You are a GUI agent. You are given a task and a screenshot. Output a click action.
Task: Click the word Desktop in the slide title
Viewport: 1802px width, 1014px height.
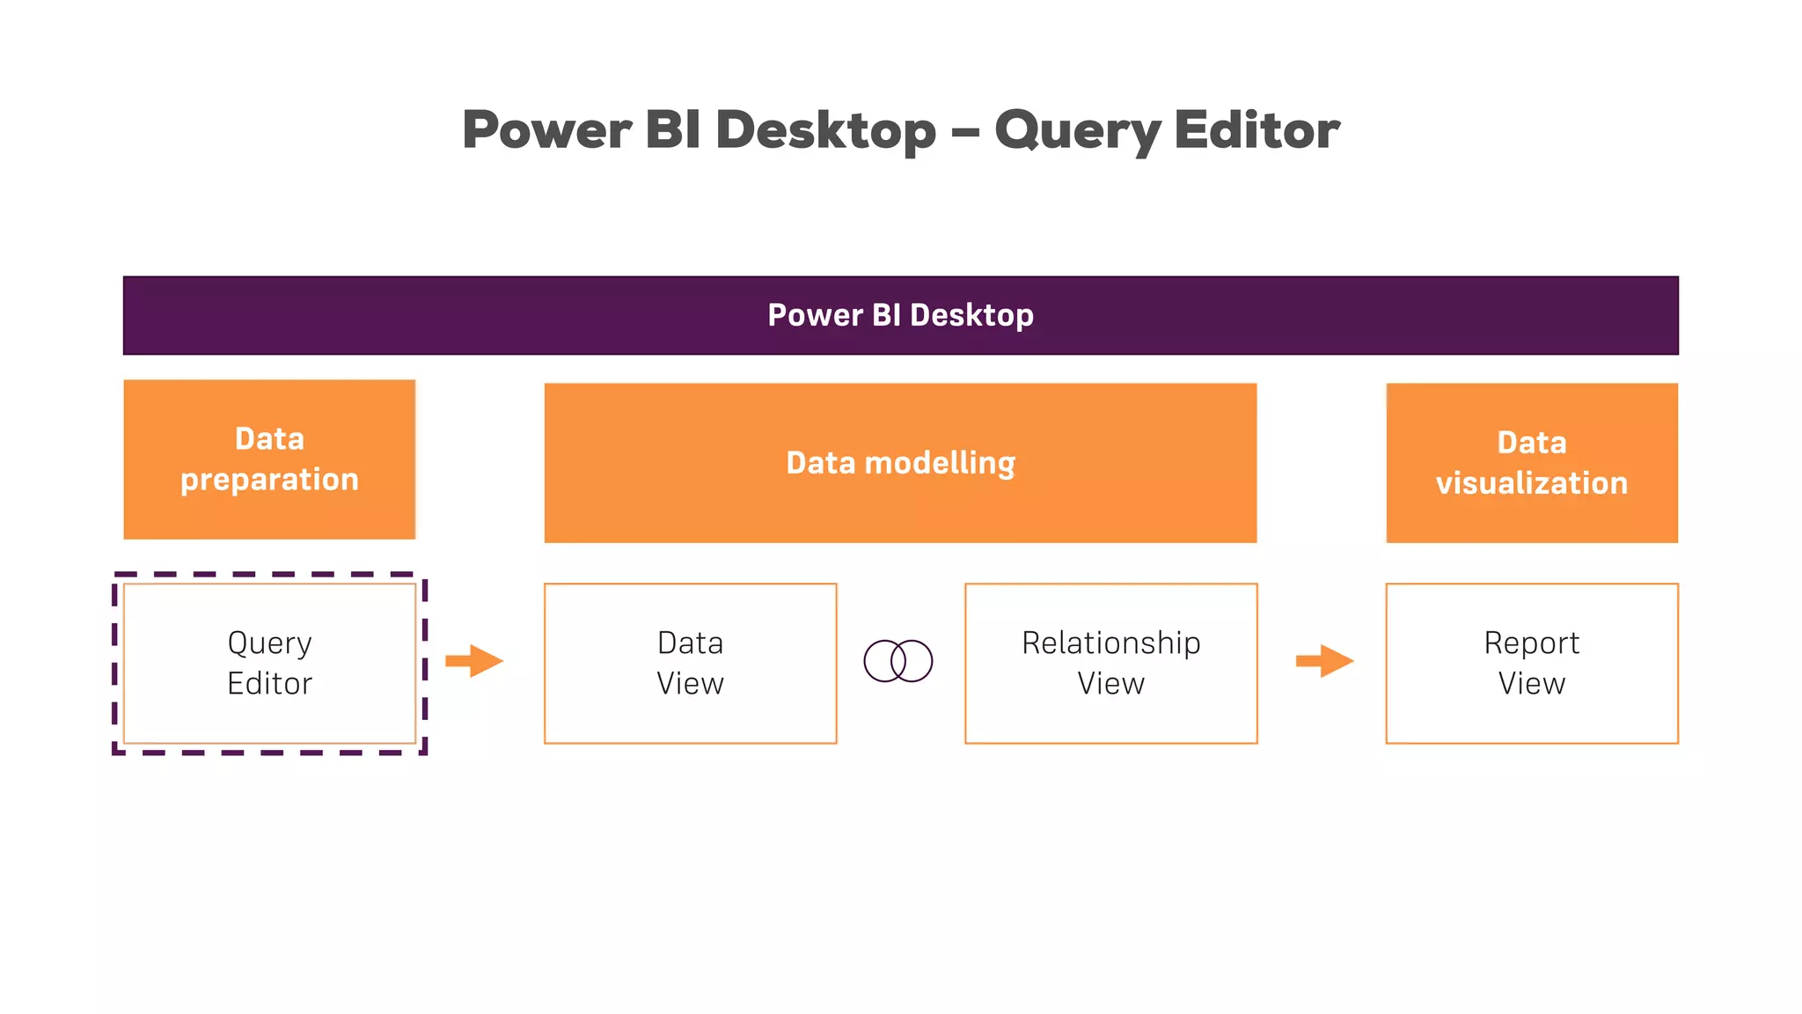tap(825, 130)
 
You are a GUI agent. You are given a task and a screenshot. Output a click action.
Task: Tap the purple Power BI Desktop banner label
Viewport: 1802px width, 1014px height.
tap(900, 315)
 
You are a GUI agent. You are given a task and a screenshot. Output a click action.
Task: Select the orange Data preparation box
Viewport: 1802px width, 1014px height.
tap(269, 459)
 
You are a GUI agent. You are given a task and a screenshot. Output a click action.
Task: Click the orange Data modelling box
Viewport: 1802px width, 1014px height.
tap(900, 463)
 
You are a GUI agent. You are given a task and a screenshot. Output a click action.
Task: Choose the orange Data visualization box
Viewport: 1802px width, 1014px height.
tap(1531, 463)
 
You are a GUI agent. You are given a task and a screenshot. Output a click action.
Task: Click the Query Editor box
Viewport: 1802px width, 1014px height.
tap(269, 663)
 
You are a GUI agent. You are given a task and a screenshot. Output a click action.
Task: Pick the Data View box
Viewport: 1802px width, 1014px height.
tap(690, 663)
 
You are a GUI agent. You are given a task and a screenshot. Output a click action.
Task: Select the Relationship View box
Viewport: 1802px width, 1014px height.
tap(1110, 663)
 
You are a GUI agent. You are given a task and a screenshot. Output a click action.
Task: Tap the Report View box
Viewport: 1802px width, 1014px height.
tap(1531, 663)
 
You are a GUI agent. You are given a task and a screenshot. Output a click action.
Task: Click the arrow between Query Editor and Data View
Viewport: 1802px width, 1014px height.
tap(474, 661)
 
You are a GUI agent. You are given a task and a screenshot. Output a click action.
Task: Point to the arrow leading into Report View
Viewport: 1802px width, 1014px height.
tap(1324, 661)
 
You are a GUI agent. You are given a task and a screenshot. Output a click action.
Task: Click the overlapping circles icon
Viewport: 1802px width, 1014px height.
tap(898, 661)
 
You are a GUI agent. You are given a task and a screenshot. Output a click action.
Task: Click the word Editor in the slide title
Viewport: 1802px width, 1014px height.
tap(1256, 130)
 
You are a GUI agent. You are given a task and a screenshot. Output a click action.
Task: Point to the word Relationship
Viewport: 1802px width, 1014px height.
tap(1110, 643)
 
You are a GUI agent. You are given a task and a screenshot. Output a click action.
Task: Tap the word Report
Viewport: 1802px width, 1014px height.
tap(1531, 643)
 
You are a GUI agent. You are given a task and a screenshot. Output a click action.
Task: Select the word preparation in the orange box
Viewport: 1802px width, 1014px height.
tap(269, 480)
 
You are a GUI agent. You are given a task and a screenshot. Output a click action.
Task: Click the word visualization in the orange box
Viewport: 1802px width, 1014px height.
tap(1531, 483)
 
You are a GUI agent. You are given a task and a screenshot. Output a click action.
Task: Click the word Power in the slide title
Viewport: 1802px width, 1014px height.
tap(546, 130)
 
